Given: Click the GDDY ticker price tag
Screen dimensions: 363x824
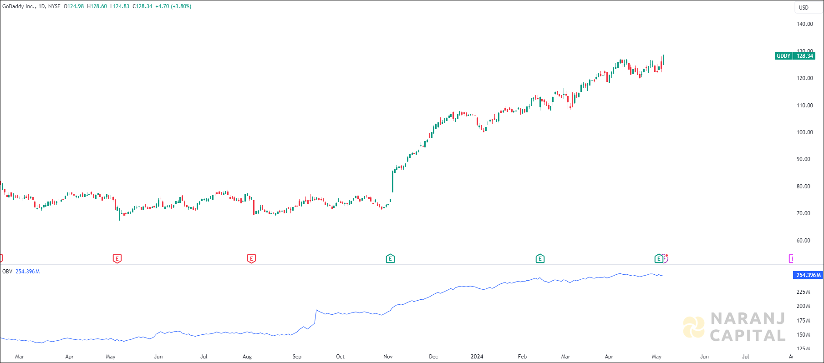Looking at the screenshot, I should click(794, 56).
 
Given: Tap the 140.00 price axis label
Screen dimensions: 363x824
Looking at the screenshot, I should click(804, 24).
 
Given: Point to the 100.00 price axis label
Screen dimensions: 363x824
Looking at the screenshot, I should click(804, 132).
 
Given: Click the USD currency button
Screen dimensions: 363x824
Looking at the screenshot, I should click(804, 7).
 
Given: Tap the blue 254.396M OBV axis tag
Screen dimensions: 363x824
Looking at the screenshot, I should click(809, 275).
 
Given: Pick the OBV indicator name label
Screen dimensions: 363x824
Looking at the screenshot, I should click(7, 272).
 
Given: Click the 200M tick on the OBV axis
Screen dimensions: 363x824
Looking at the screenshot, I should click(803, 306).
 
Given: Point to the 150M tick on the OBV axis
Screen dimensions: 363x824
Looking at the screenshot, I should click(803, 335).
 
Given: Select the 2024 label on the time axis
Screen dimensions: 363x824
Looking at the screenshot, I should click(477, 357).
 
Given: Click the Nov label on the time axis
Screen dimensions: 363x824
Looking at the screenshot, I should click(388, 357).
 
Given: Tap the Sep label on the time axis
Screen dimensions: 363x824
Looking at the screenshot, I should click(297, 357).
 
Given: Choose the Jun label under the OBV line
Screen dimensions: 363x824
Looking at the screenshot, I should click(158, 357).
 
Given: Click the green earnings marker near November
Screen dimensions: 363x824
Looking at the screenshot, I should click(390, 259).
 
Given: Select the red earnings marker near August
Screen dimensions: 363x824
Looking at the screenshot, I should click(251, 259).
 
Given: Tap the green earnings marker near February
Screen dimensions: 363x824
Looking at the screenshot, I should click(540, 259).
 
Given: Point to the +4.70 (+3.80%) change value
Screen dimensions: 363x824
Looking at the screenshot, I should click(173, 6).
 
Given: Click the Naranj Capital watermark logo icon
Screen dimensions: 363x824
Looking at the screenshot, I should click(694, 327).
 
